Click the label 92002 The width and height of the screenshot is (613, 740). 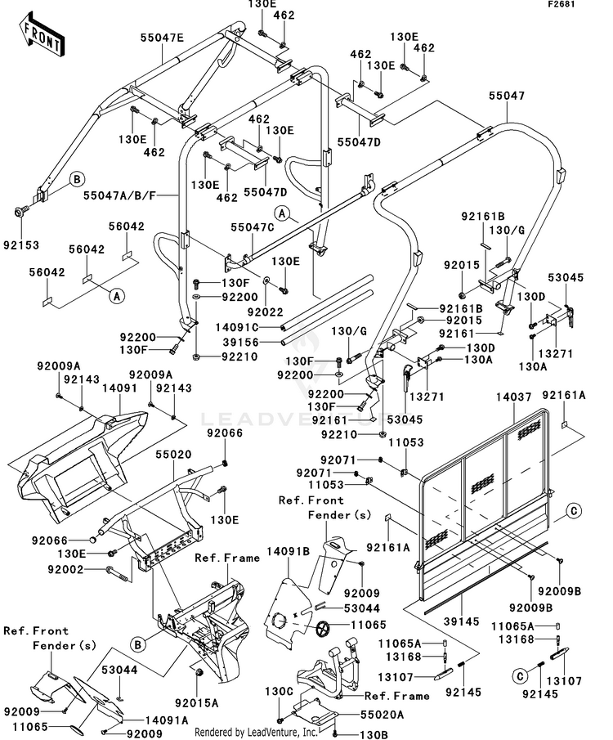pos(86,568)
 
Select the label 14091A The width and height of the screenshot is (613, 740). pos(167,720)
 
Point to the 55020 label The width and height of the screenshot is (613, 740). pos(173,451)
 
